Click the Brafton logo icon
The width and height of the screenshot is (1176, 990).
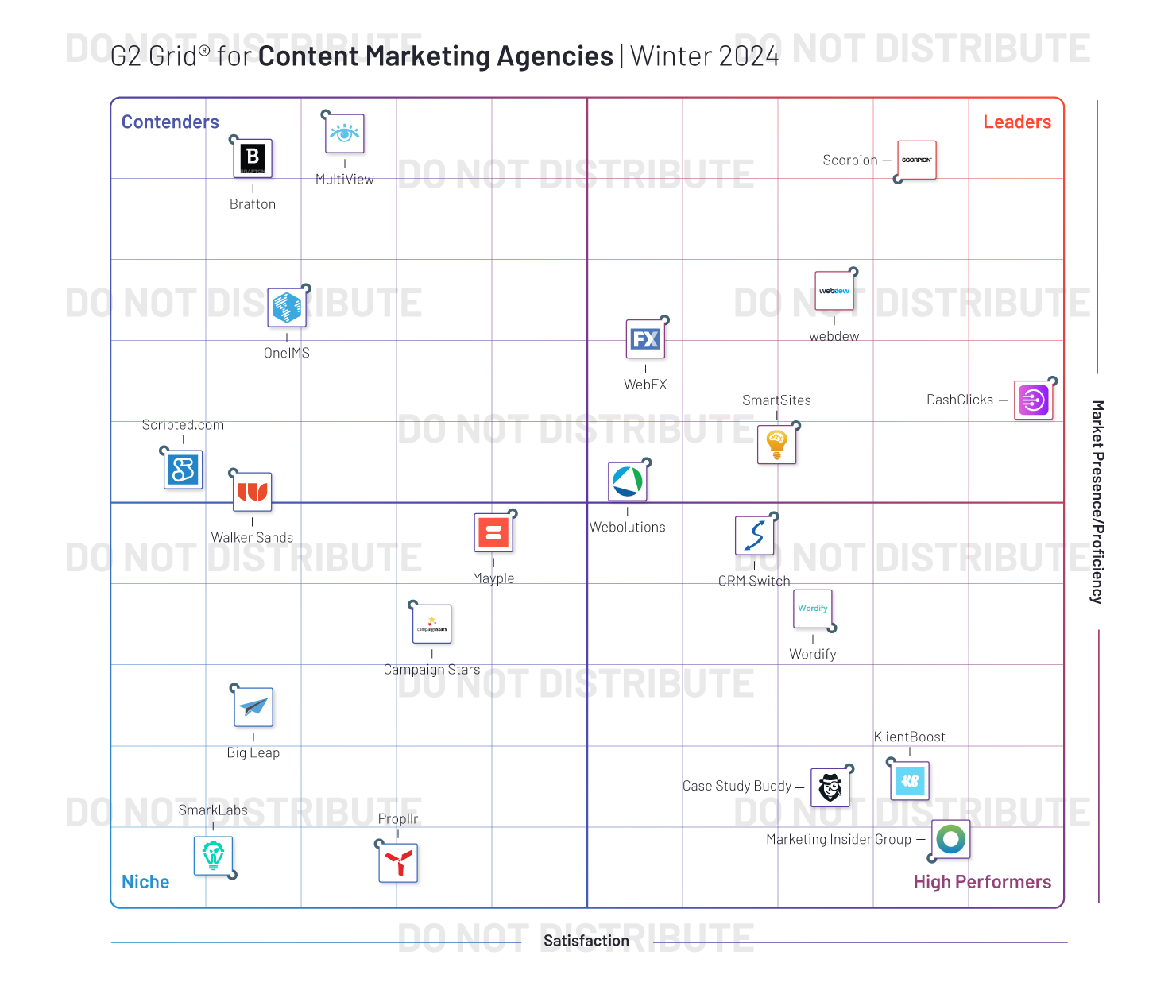253,158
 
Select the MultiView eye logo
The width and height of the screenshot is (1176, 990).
345,133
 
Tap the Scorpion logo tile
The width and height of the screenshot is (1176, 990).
917,160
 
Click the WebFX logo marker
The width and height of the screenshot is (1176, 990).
645,339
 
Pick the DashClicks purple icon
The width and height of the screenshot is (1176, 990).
1034,400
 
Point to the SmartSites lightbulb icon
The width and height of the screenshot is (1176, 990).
776,444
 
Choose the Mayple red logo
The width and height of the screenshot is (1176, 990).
493,533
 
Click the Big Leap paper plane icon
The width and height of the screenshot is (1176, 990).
253,707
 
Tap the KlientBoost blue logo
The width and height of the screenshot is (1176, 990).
910,781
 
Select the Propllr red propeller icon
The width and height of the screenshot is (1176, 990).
398,862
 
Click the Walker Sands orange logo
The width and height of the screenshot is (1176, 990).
252,492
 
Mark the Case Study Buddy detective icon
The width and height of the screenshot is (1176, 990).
830,787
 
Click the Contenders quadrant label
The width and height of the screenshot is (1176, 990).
170,122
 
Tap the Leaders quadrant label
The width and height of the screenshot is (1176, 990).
1016,122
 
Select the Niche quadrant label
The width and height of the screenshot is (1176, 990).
145,882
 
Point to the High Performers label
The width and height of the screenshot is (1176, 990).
982,882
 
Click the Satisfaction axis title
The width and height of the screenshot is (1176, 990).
586,941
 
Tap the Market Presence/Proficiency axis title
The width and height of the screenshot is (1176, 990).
1097,501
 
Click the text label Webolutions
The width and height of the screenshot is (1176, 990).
627,527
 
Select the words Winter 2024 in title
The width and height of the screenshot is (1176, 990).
704,56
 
